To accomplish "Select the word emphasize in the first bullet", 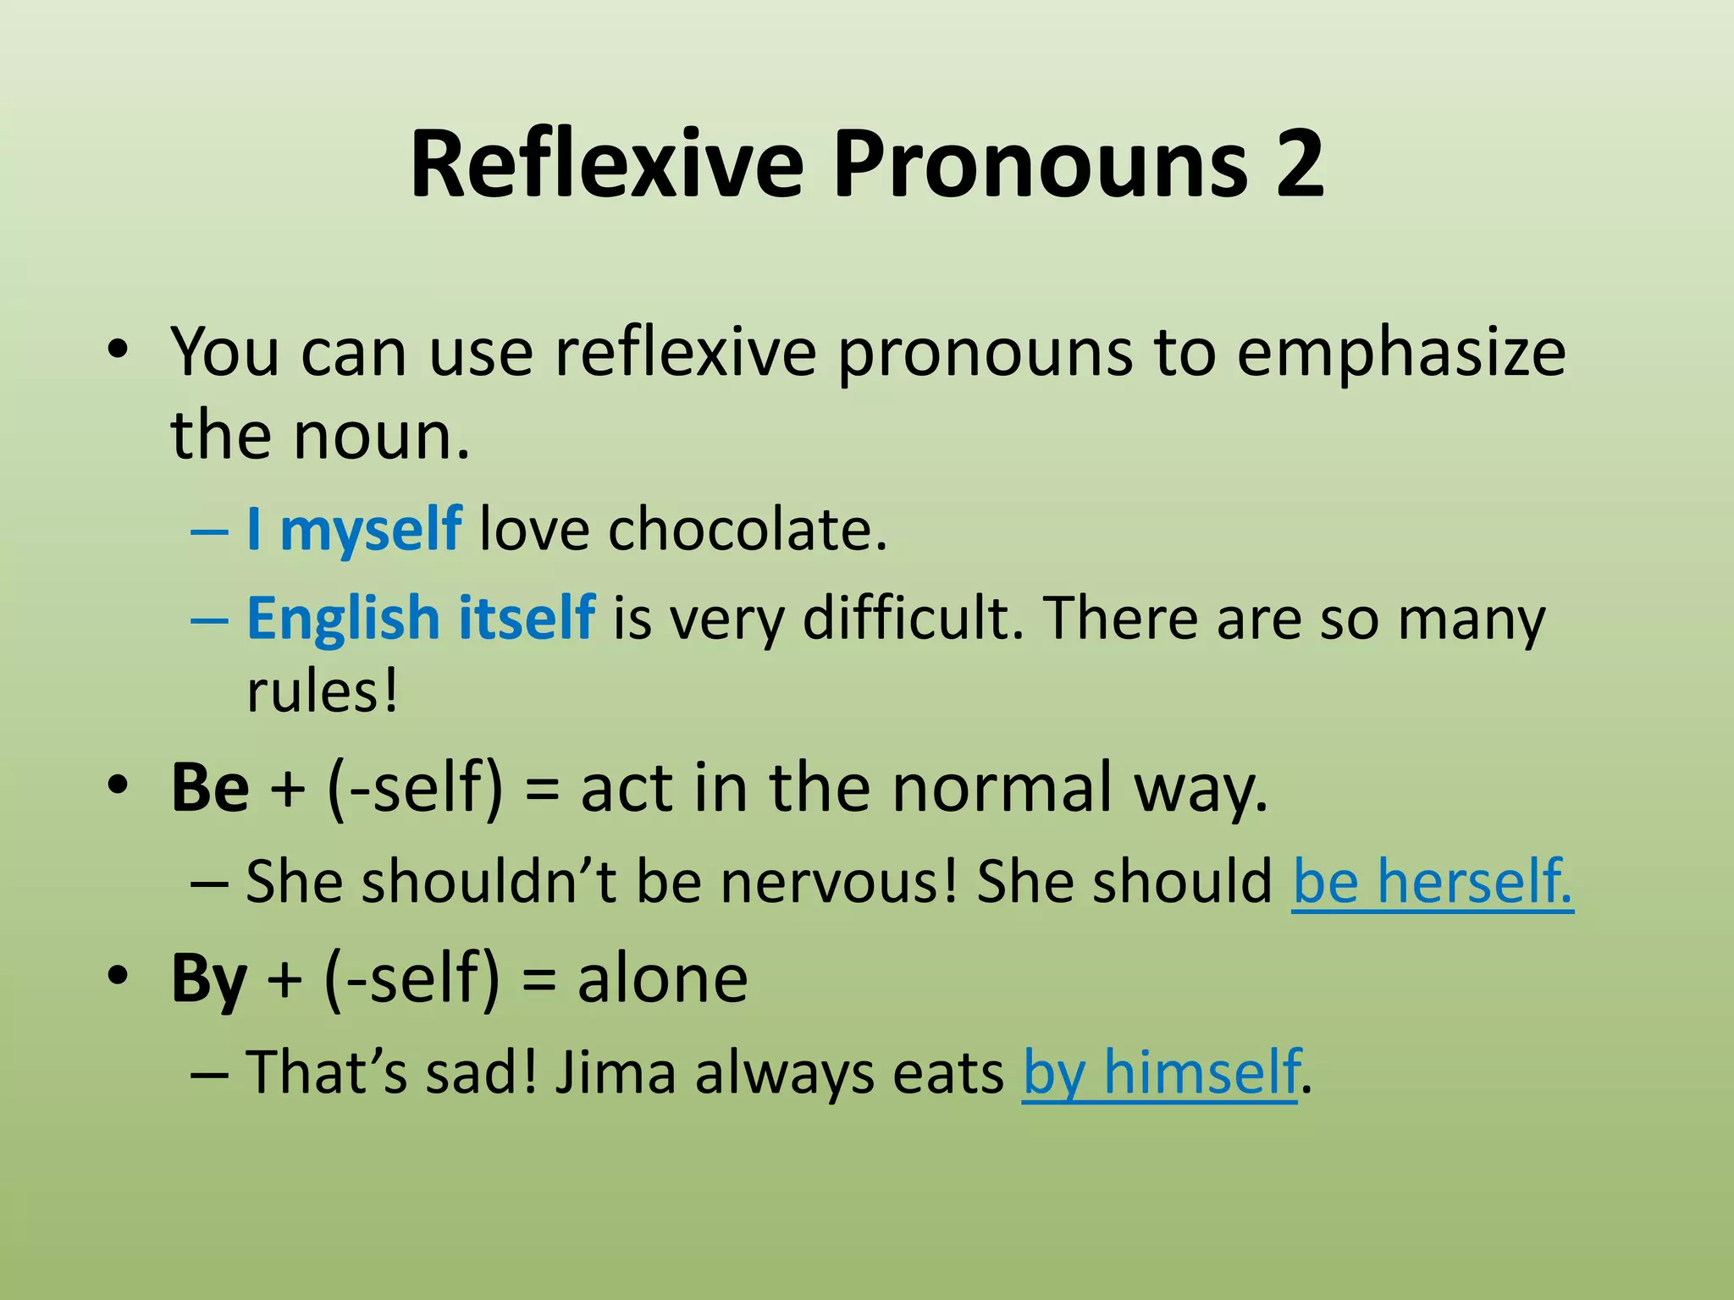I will tap(1401, 352).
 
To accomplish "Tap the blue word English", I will tap(342, 618).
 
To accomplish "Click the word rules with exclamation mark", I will tap(322, 692).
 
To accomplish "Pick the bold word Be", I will tap(210, 788).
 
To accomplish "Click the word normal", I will tap(1002, 788).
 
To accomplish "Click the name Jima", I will tap(616, 1073).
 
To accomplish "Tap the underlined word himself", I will tap(1201, 1073).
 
